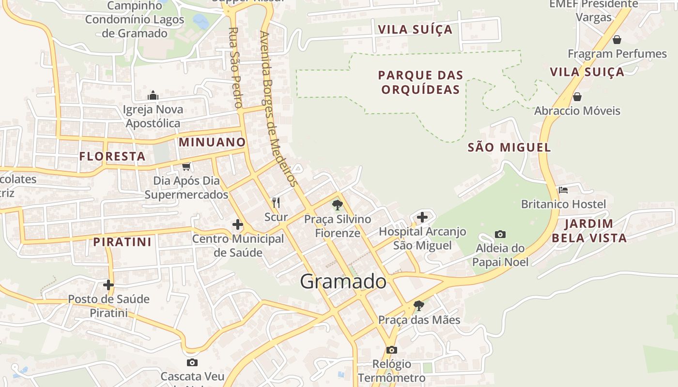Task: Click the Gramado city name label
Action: click(343, 282)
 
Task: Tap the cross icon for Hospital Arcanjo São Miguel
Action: click(422, 217)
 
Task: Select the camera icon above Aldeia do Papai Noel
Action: click(500, 235)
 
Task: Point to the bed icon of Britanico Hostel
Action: click(563, 190)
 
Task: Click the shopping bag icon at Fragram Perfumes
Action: click(617, 40)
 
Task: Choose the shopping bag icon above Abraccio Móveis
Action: click(577, 97)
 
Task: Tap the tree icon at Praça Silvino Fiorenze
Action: click(337, 205)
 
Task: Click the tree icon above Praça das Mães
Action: click(419, 306)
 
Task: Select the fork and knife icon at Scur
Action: click(276, 203)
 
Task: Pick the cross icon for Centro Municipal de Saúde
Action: click(238, 224)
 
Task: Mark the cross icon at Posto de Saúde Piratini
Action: click(108, 285)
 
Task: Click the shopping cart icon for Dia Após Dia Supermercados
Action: click(186, 167)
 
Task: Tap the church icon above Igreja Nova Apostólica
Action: click(153, 95)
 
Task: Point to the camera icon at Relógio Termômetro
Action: click(391, 350)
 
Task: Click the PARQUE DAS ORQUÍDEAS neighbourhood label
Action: click(420, 82)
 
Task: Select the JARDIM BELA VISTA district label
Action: click(589, 231)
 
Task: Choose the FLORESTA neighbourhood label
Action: click(112, 156)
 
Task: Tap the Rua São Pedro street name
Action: click(235, 67)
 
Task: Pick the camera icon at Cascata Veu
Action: click(192, 362)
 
